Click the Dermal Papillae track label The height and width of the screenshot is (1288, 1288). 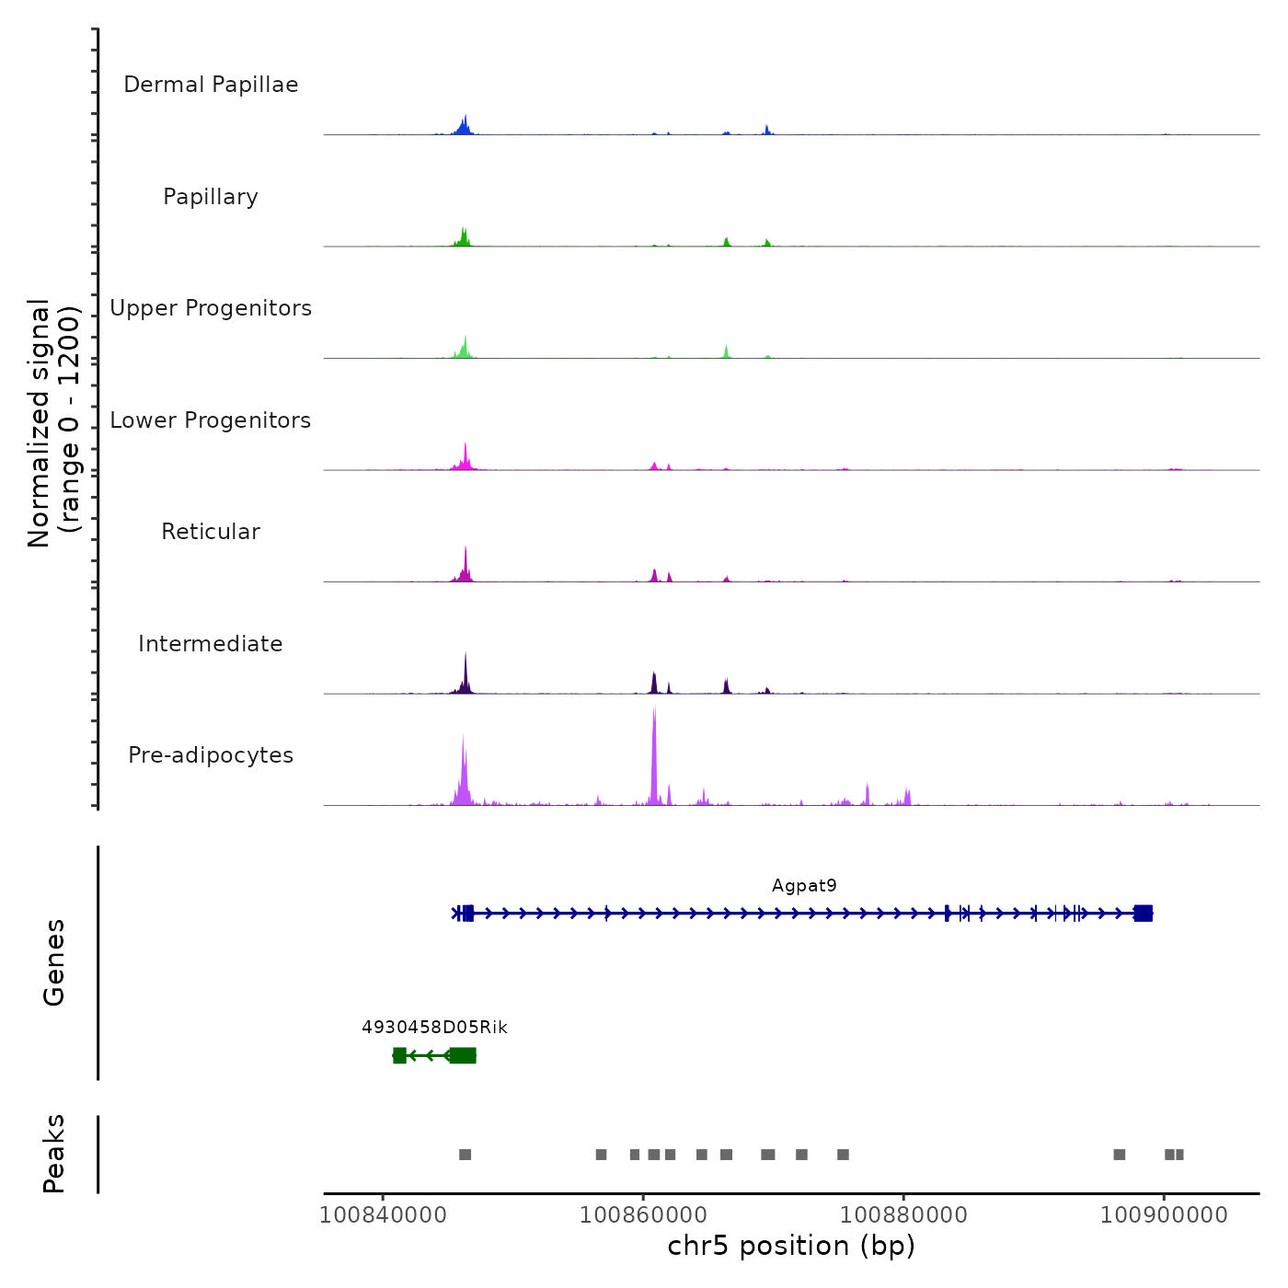(211, 85)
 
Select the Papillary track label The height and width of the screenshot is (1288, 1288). (211, 197)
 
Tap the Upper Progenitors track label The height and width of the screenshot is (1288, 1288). (211, 308)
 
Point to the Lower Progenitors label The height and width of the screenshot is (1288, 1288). (211, 420)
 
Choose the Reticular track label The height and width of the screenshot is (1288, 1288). (211, 532)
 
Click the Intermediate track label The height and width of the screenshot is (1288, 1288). (211, 644)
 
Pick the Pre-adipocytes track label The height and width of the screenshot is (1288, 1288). (211, 755)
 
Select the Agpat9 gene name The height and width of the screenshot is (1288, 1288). (804, 886)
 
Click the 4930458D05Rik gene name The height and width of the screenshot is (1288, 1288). (434, 1028)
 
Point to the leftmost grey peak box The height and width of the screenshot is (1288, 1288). (465, 1155)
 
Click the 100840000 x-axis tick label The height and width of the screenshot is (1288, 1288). (384, 1215)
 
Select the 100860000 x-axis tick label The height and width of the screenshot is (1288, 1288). (644, 1215)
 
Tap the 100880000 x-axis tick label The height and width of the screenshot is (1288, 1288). (903, 1215)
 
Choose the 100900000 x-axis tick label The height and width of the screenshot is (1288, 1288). (1164, 1215)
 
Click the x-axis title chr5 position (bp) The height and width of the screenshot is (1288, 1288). (791, 1246)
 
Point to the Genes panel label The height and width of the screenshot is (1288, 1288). (54, 962)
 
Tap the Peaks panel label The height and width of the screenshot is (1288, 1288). (54, 1154)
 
